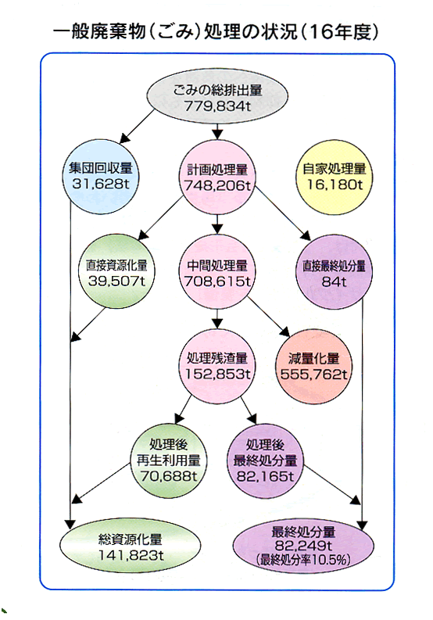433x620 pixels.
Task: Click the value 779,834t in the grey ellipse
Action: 217,106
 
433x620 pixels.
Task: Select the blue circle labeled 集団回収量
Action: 101,177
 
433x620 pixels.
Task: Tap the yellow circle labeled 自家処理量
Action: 335,177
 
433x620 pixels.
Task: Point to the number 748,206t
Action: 217,185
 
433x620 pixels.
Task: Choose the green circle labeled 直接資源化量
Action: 116,271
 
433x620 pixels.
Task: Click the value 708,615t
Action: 217,281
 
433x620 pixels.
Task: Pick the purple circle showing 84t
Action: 335,271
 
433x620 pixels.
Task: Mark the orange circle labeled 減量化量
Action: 313,367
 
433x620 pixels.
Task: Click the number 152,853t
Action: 217,374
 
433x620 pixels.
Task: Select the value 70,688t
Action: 169,476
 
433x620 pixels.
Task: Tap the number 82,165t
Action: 265,476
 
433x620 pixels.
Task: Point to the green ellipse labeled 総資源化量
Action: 130,547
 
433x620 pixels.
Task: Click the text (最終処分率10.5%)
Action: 303,560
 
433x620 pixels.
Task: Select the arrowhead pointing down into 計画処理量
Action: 217,134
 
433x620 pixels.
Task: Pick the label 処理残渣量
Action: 217,358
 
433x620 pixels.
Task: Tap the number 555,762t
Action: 313,374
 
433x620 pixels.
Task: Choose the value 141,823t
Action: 130,555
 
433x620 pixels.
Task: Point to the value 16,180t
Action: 335,185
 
